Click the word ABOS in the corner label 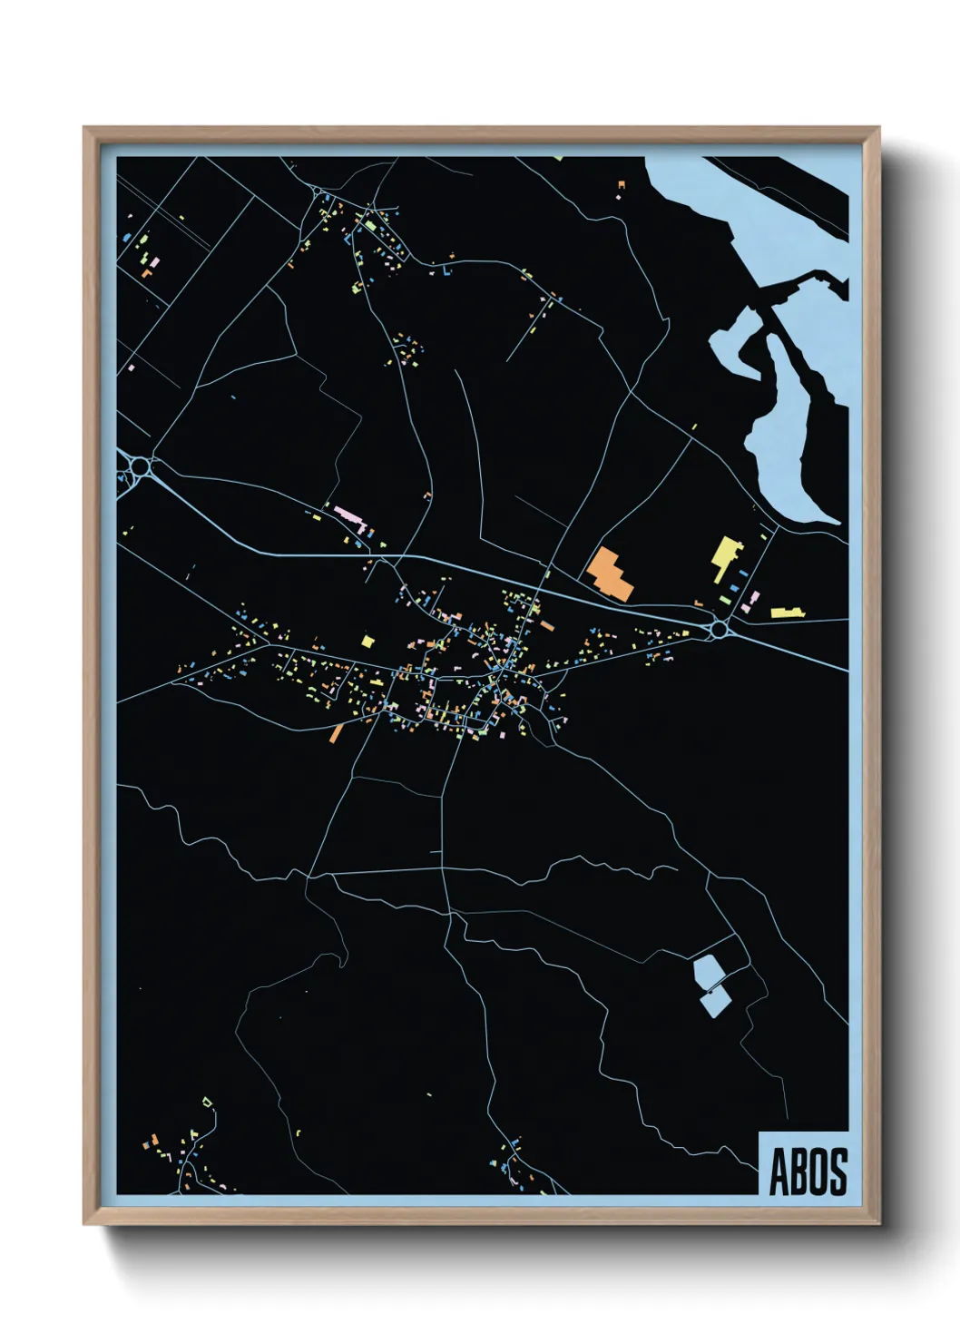coord(808,1171)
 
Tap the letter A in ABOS coord(779,1171)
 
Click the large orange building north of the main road coord(610,573)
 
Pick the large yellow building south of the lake coord(726,555)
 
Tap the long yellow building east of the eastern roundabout coord(788,613)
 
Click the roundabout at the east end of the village coord(720,628)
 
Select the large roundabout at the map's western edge coord(140,466)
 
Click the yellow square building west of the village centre coord(367,641)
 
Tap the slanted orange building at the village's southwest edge coord(337,732)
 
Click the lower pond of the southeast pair coord(715,1002)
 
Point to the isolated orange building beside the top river coord(622,185)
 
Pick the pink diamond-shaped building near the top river coord(619,196)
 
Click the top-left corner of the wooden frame coord(84,128)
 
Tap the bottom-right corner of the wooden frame coord(878,1223)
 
